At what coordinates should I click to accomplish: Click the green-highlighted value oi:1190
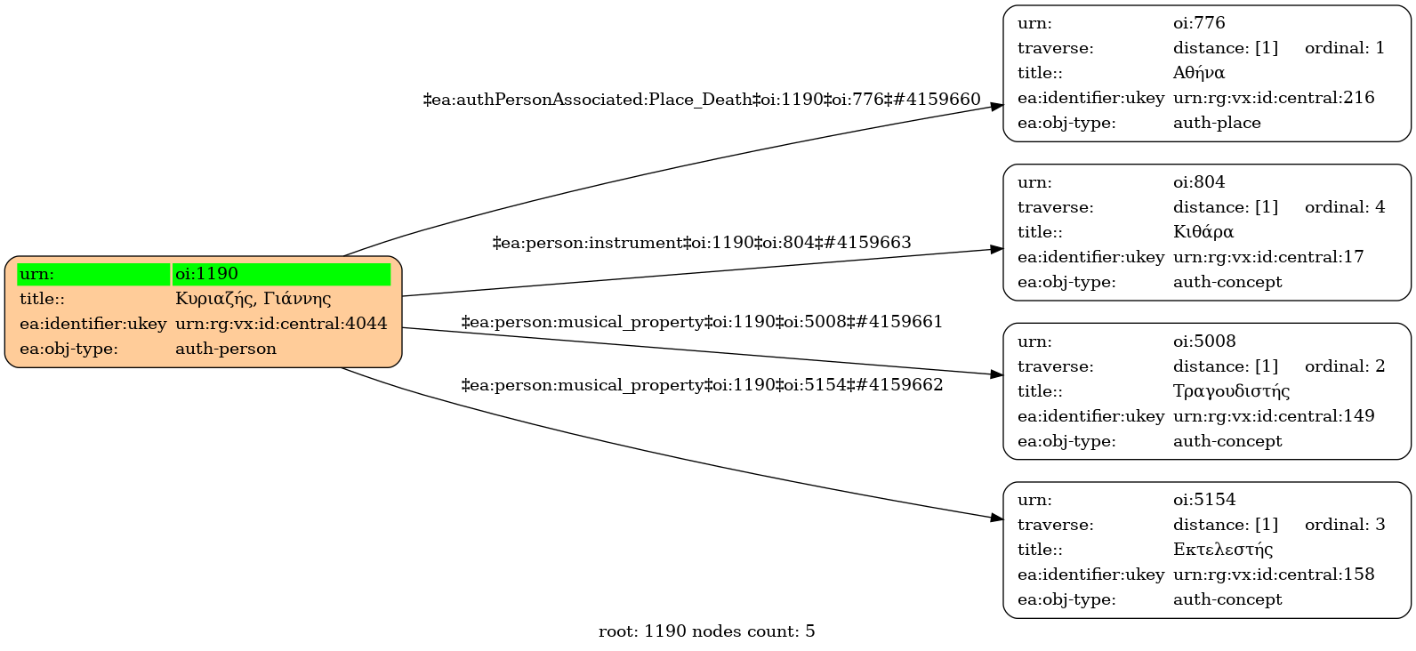coord(206,274)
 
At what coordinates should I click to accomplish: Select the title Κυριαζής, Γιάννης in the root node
coord(253,299)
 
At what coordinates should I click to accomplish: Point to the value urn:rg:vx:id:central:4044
coord(281,324)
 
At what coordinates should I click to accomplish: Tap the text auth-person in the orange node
coord(226,349)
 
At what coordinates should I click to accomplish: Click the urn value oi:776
coord(1199,23)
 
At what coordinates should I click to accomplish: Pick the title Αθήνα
coord(1199,73)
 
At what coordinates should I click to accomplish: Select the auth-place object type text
coord(1217,123)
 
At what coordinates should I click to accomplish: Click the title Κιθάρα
coord(1203,232)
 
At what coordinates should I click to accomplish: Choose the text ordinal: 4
coord(1345,207)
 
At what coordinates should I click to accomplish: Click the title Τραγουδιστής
coord(1231,391)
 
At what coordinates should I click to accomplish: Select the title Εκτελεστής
coord(1223,550)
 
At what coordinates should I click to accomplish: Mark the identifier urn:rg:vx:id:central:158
coord(1274,575)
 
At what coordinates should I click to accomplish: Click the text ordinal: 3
coord(1345,525)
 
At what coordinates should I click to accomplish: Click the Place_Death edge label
coord(702,100)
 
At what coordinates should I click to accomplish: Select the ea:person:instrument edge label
coord(702,243)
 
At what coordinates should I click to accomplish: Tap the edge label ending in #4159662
coord(702,385)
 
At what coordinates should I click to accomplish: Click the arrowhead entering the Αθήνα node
coord(996,106)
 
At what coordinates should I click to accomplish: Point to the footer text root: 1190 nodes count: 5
coord(706,631)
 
